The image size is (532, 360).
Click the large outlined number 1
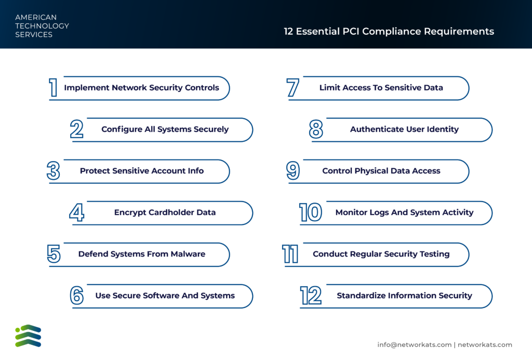(54, 88)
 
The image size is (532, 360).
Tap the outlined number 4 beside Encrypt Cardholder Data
(77, 212)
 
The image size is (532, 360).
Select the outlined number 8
(316, 129)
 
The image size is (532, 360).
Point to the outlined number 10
(311, 212)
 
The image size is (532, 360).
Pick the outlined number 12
(311, 296)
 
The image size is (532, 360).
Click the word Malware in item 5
(188, 254)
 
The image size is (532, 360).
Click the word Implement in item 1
(87, 88)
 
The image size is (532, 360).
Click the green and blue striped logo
(28, 336)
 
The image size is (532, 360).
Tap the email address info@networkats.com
(414, 345)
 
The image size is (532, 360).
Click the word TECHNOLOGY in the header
(42, 26)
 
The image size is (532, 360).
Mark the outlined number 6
(77, 296)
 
